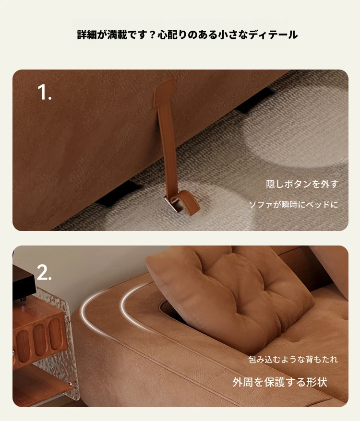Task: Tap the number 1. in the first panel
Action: click(x=44, y=92)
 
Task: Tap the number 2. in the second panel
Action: click(x=44, y=272)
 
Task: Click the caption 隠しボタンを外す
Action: click(x=302, y=184)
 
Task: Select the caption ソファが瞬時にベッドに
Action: click(x=294, y=205)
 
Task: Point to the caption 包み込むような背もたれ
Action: click(x=293, y=359)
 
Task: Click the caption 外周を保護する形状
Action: click(x=280, y=382)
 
